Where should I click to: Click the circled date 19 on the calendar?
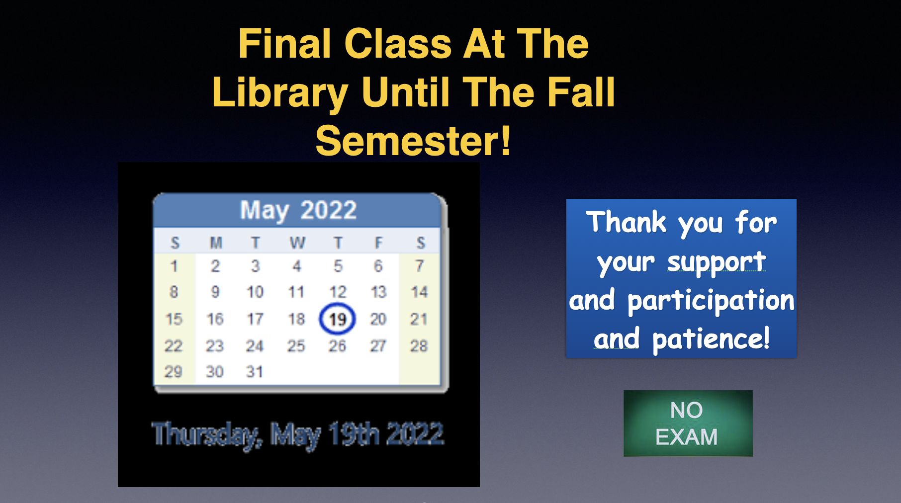[x=337, y=319]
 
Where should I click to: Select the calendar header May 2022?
[x=298, y=210]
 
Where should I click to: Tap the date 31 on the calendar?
[x=255, y=371]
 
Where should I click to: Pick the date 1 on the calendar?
[x=174, y=266]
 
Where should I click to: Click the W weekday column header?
[x=297, y=243]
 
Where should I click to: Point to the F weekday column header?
[x=378, y=243]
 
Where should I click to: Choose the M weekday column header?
[x=216, y=243]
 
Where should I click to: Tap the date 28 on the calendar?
[x=419, y=345]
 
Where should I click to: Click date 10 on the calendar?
[x=255, y=292]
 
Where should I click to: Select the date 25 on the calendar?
[x=296, y=345]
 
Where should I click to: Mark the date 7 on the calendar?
[x=420, y=266]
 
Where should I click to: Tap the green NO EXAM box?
[x=688, y=423]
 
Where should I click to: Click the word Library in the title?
[x=280, y=93]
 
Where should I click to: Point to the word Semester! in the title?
[x=413, y=141]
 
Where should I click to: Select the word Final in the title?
[x=285, y=44]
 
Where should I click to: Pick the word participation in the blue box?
[x=711, y=301]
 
